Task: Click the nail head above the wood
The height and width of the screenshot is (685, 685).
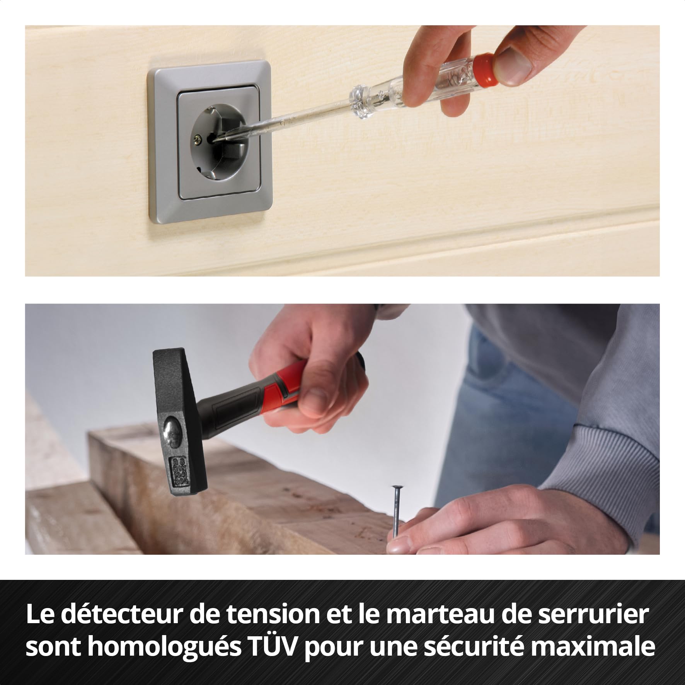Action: tap(396, 487)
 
